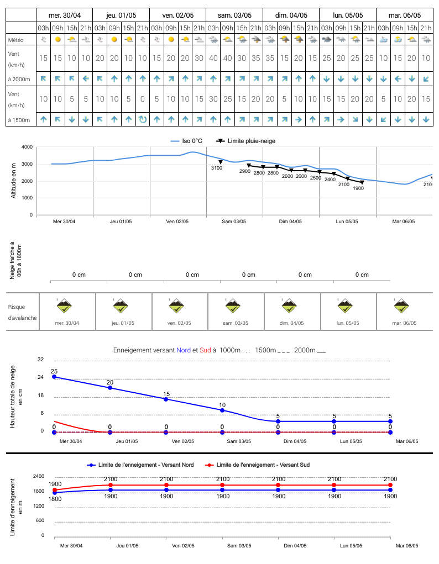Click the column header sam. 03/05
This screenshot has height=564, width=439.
(x=234, y=15)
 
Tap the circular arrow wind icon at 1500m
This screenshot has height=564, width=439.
(x=143, y=119)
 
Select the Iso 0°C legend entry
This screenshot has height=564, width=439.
(x=186, y=141)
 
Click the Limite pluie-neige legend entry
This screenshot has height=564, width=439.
(x=245, y=141)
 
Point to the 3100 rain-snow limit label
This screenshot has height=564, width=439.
(x=217, y=168)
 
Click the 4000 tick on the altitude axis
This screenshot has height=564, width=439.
(x=27, y=147)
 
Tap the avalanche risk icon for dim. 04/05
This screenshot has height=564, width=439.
(x=289, y=306)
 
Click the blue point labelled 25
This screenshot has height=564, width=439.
(x=54, y=377)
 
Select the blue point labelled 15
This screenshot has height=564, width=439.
(x=166, y=399)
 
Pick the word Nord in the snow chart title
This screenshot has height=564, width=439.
(x=184, y=350)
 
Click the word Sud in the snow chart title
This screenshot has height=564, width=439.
(x=205, y=350)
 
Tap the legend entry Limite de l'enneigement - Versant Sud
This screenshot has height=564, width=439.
(x=257, y=465)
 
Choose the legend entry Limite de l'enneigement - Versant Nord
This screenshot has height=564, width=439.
(x=140, y=465)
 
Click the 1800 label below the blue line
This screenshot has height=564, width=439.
(x=55, y=499)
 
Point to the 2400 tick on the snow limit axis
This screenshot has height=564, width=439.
(x=39, y=476)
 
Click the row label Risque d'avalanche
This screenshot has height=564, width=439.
(x=22, y=312)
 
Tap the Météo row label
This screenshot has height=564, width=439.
(x=16, y=40)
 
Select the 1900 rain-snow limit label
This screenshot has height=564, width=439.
(x=358, y=188)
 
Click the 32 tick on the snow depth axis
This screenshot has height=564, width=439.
(x=41, y=359)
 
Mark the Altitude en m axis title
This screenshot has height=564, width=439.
(x=14, y=181)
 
